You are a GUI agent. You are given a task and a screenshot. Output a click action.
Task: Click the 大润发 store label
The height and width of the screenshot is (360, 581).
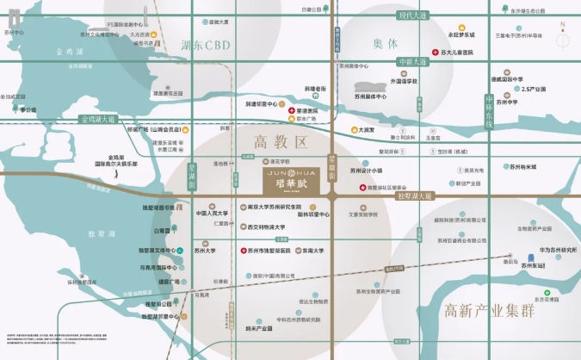[x=368, y=130]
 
